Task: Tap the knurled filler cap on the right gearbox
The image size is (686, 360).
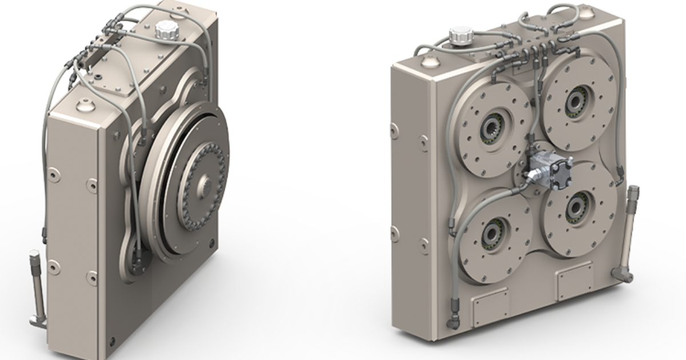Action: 460,35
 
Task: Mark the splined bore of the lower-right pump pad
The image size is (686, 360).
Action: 574,210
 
